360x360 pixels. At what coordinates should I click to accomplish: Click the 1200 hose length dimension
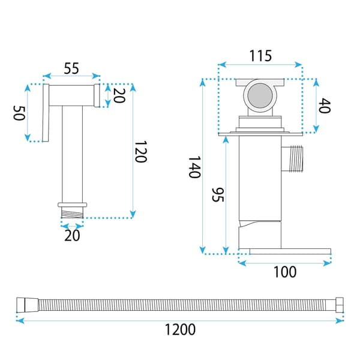[180, 329]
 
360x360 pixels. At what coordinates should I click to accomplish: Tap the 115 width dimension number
[260, 56]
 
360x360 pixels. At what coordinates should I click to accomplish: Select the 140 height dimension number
[194, 167]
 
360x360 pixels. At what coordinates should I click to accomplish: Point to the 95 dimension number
[217, 195]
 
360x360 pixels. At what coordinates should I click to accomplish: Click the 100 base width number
[285, 272]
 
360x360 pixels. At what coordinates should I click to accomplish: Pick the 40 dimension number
[325, 106]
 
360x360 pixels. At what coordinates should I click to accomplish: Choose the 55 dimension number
[71, 68]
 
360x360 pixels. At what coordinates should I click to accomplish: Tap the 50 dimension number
[19, 113]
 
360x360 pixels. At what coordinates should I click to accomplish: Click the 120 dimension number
[140, 152]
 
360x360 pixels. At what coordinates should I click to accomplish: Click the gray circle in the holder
[260, 95]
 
